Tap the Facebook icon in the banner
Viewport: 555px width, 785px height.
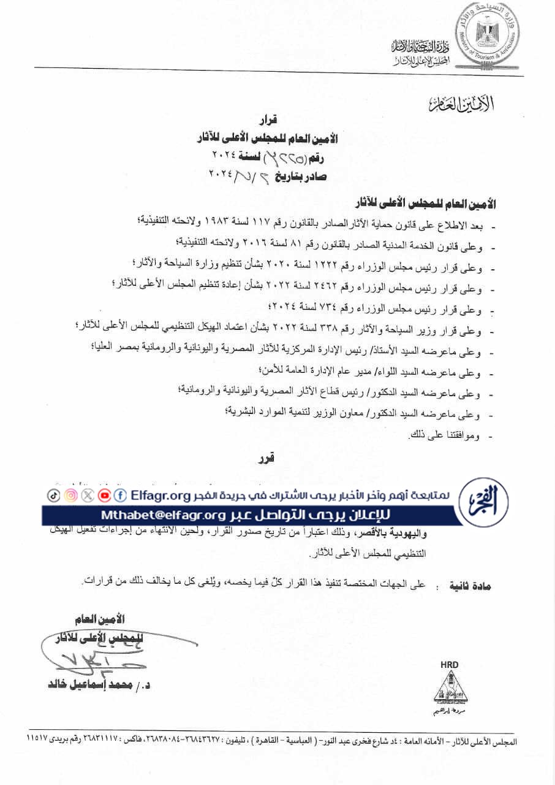121,495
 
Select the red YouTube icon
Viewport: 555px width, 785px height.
105,495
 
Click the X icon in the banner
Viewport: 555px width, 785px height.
88,495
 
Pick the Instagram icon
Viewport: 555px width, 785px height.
71,495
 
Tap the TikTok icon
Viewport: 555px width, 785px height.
54,495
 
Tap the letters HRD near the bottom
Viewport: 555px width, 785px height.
449,664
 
